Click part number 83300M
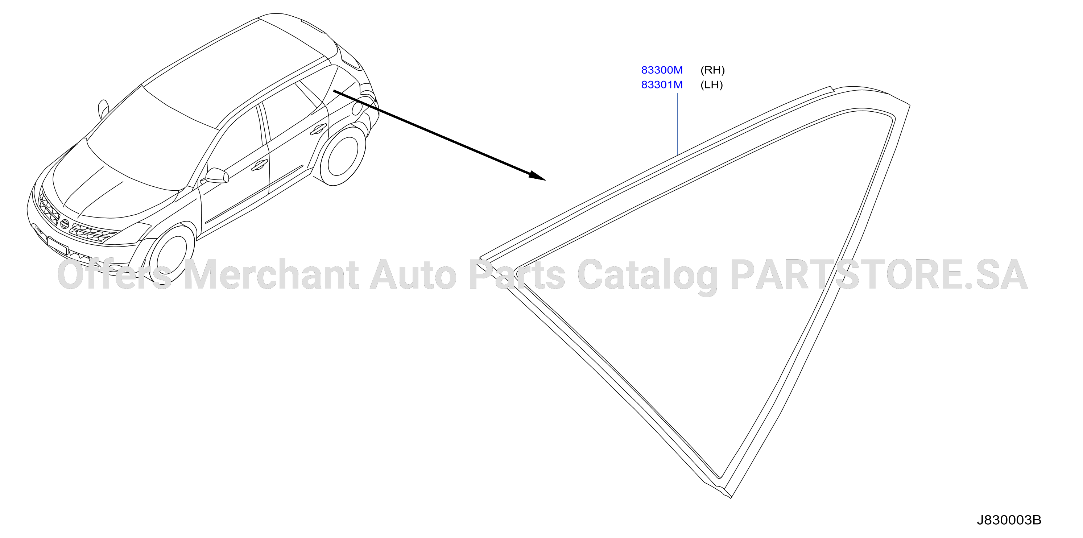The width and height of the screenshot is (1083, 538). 662,70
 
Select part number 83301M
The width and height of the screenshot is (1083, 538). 662,84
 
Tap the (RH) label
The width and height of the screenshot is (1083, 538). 712,70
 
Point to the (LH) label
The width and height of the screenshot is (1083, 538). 711,84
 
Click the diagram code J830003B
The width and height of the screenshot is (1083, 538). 1009,520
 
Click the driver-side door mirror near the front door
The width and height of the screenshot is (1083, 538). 217,176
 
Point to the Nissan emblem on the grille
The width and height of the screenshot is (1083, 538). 64,224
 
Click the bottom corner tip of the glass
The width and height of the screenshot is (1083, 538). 731,497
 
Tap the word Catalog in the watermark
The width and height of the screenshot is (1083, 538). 648,277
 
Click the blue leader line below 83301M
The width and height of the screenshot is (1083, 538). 678,124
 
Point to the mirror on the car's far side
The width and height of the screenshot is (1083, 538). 103,108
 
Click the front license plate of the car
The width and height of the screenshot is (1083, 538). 57,245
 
